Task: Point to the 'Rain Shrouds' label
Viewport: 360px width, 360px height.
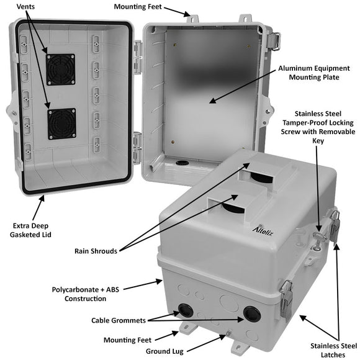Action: coord(100,251)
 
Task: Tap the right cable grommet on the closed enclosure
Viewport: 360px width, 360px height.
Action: coord(251,314)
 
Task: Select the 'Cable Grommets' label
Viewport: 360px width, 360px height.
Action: coord(117,320)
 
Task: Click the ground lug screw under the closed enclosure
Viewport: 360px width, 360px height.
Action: coord(228,334)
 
